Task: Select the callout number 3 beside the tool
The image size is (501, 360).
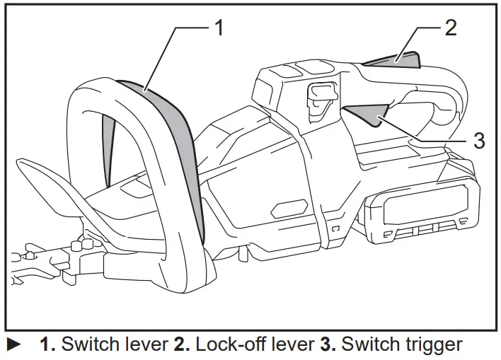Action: [x=478, y=140]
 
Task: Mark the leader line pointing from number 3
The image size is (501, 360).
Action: [x=425, y=134]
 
